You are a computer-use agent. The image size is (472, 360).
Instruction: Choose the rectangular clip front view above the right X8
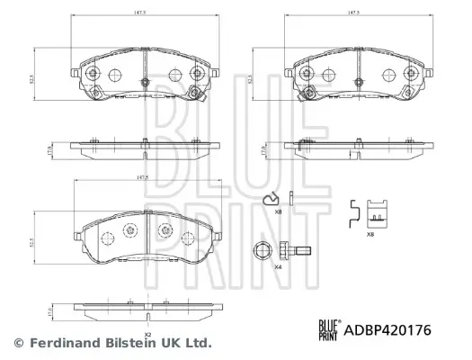coord(379,213)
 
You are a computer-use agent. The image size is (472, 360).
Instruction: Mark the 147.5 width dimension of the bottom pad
coord(138,178)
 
